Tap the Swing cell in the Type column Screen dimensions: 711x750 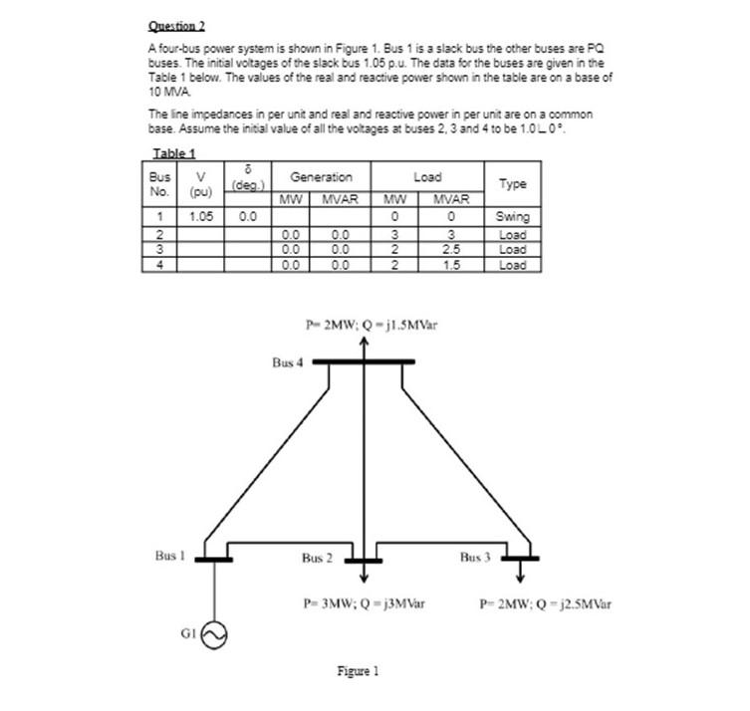pyautogui.click(x=513, y=216)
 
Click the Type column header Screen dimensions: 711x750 pyautogui.click(x=513, y=184)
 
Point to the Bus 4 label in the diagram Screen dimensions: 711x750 pyautogui.click(x=287, y=363)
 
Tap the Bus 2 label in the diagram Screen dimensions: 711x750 pyautogui.click(x=317, y=558)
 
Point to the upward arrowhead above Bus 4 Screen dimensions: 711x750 pyautogui.click(x=364, y=344)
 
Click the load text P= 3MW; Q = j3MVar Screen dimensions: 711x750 pyautogui.click(x=365, y=602)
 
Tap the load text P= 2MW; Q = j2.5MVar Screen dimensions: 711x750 pyautogui.click(x=545, y=602)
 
